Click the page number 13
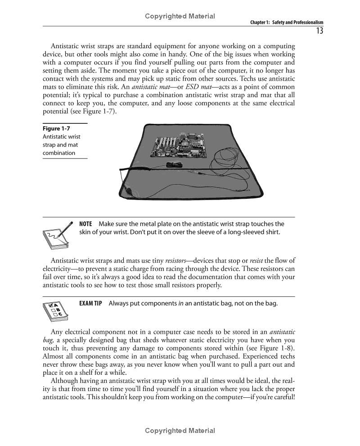point(319,31)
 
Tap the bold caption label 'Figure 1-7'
point(54,128)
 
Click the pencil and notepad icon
point(58,236)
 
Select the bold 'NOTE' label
point(85,224)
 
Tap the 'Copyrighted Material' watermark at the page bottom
point(180,431)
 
